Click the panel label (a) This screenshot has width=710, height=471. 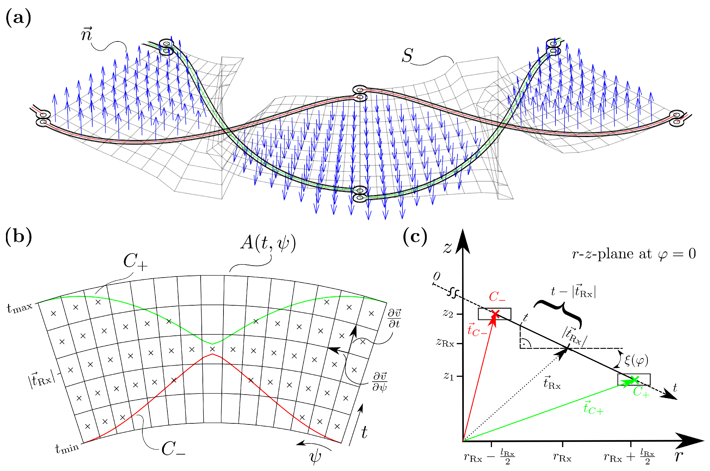pyautogui.click(x=18, y=18)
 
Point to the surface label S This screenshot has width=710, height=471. pyautogui.click(x=407, y=56)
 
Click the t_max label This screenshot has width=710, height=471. pyautogui.click(x=20, y=308)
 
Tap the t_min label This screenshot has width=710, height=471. pyautogui.click(x=67, y=448)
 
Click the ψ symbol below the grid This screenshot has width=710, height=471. pyautogui.click(x=315, y=456)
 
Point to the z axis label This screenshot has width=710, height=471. pyautogui.click(x=447, y=248)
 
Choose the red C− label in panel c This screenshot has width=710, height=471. pyautogui.click(x=497, y=297)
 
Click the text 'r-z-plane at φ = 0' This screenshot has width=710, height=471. pyautogui.click(x=634, y=254)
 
